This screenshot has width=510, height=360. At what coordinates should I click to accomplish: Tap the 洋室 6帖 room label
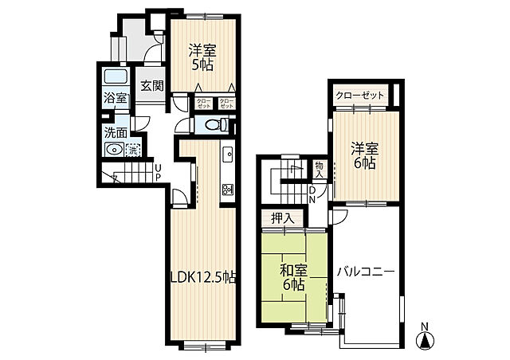tap(366, 155)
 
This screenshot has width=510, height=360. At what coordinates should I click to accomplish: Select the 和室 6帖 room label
tap(292, 276)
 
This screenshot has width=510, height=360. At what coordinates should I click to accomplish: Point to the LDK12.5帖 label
tap(203, 277)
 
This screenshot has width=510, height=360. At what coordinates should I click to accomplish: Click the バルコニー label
tap(365, 272)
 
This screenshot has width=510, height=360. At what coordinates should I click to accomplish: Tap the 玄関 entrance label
tap(152, 85)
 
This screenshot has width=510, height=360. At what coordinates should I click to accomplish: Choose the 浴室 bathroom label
tap(116, 99)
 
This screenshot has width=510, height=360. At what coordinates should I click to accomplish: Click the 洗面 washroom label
tap(115, 133)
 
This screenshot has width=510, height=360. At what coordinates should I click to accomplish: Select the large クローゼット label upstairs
tap(360, 96)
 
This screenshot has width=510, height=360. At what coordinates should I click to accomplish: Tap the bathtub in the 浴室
tap(116, 80)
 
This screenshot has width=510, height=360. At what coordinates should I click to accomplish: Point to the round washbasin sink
tap(115, 149)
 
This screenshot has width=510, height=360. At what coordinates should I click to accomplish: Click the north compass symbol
tap(427, 338)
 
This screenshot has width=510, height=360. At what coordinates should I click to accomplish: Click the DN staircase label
tap(312, 194)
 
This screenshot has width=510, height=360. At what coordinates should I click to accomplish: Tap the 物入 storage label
tap(319, 169)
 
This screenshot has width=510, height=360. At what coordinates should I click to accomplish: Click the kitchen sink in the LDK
tap(227, 154)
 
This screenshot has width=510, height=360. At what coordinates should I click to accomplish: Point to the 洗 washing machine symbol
tap(133, 149)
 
